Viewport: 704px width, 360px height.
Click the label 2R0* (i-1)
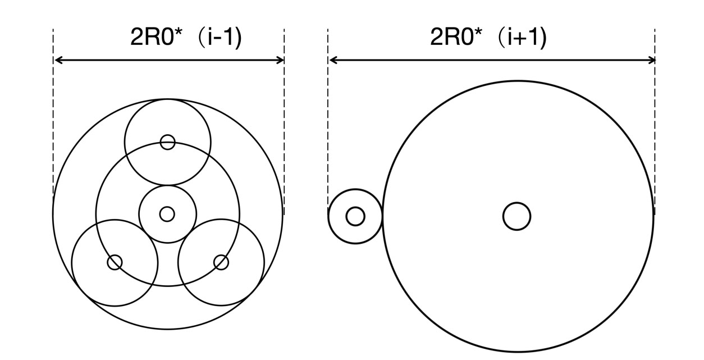click(186, 38)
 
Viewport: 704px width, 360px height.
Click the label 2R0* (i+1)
click(488, 38)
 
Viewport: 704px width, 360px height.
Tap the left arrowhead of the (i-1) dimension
click(58, 60)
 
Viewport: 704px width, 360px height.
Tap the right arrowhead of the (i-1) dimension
click(280, 60)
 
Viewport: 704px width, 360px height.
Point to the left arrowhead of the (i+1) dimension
click(333, 60)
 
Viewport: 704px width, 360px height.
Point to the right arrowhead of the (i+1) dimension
click(651, 60)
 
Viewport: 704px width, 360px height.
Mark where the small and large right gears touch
click(382, 216)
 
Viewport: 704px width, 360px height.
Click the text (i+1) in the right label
click(522, 38)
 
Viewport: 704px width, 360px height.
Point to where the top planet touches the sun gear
click(167, 185)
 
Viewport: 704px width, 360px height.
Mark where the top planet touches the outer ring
click(167, 99)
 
